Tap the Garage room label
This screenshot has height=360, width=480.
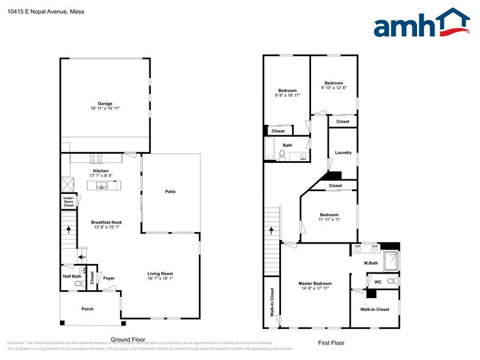105,103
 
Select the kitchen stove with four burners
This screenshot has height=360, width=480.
96,159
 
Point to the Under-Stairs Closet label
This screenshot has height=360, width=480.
69,202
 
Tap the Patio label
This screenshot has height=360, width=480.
170,192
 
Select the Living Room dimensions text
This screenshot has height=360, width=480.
160,279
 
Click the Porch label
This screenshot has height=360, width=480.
88,309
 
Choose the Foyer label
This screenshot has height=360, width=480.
109,279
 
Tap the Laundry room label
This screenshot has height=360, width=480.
343,152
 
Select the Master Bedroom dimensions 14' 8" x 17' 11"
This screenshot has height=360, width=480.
315,288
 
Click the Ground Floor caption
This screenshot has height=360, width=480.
127,339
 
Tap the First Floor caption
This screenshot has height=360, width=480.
331,343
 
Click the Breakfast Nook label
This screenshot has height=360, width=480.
107,222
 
